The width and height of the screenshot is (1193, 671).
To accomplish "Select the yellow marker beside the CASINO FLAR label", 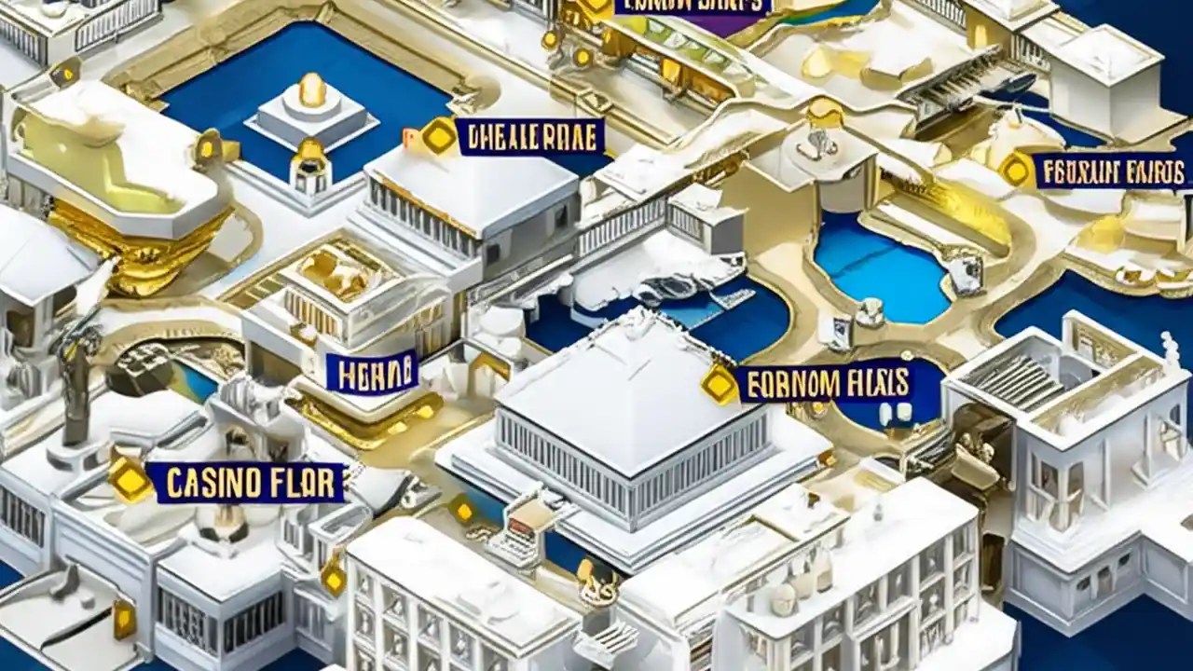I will click(x=130, y=480).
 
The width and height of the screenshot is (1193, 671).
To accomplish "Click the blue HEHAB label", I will click(x=372, y=372).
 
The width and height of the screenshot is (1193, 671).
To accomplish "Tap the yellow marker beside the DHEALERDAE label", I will click(x=439, y=137).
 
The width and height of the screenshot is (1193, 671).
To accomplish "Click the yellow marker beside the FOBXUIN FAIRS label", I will click(x=1016, y=170).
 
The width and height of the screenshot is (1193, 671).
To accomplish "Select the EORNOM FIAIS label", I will click(x=824, y=383).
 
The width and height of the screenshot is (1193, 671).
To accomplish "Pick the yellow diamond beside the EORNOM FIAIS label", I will click(x=720, y=384).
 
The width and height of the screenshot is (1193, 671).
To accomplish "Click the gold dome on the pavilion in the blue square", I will click(x=312, y=89).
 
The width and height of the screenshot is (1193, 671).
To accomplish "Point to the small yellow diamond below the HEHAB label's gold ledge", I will click(x=462, y=510).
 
